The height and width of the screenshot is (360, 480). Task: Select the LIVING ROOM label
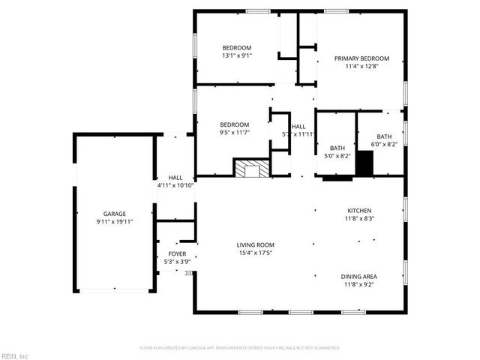256,245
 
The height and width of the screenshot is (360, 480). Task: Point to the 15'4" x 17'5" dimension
256,253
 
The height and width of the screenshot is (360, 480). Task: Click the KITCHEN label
359,211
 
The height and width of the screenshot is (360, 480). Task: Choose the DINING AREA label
359,277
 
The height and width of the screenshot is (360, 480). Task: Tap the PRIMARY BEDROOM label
362,58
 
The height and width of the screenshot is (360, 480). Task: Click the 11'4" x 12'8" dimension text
362,67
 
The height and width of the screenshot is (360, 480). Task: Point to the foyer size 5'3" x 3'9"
177,262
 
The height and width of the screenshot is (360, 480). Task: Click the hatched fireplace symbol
250,169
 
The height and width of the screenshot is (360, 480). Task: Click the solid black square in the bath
364,163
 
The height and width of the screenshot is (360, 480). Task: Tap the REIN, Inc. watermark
15,355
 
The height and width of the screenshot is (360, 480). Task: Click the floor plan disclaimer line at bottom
240,348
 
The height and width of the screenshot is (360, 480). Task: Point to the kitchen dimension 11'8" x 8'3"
359,219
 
